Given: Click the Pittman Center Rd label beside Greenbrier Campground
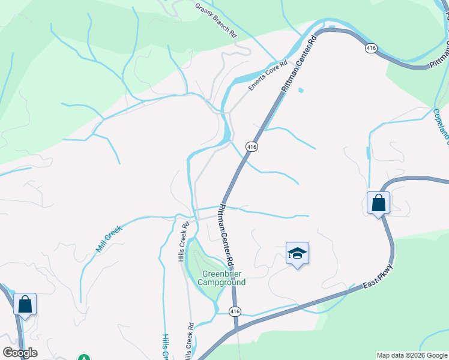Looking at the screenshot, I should click(x=225, y=236).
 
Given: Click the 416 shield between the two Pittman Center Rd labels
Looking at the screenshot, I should click(x=252, y=146).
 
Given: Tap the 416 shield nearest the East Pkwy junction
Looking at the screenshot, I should click(x=235, y=311).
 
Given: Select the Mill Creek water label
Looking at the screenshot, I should click(x=109, y=238).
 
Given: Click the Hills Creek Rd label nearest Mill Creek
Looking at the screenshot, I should click(x=181, y=242).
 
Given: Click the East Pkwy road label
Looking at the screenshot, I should click(x=377, y=278).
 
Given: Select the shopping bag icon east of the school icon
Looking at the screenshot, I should click(x=379, y=203).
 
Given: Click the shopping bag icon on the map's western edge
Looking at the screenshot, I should click(x=25, y=304).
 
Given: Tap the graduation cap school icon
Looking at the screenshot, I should click(x=297, y=254).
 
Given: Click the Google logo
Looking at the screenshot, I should click(x=20, y=353).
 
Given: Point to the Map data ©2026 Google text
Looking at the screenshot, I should click(x=412, y=355).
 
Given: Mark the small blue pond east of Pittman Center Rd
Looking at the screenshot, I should click(x=300, y=91).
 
